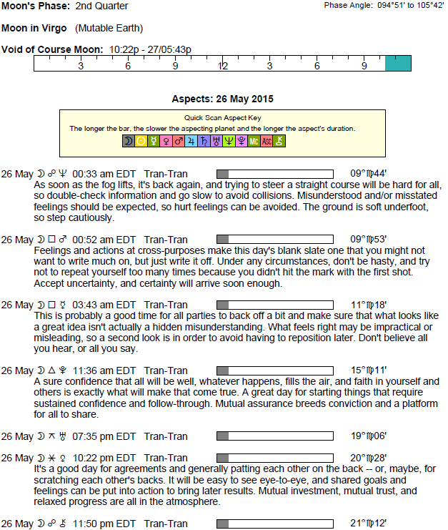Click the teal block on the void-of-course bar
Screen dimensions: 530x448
(x=398, y=63)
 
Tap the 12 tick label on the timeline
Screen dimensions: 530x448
(x=223, y=66)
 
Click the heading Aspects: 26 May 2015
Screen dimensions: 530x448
(x=222, y=99)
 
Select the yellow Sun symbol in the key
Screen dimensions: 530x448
(x=141, y=142)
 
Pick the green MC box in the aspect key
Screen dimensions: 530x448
(x=254, y=142)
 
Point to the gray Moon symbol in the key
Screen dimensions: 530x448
(x=129, y=142)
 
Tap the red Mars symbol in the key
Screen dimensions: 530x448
(x=179, y=142)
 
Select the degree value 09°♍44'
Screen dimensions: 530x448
(x=369, y=173)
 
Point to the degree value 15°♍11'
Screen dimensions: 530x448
(x=369, y=370)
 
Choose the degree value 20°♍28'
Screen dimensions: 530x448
(x=369, y=457)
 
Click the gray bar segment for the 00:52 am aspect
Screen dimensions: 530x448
(x=222, y=239)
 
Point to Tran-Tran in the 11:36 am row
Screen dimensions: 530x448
(x=166, y=370)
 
